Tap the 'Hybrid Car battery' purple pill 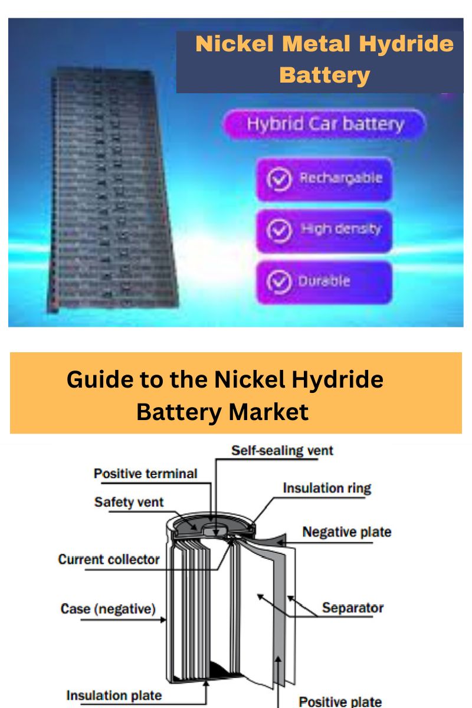tap(324, 125)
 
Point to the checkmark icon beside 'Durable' tap(279, 282)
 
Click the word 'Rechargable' tap(340, 178)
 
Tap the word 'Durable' tap(324, 281)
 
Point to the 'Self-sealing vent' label tap(282, 451)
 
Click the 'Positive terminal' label tap(146, 473)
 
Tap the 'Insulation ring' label tap(327, 488)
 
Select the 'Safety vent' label tap(129, 502)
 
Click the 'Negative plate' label tap(346, 532)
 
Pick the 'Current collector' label tap(109, 559)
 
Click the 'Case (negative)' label tap(108, 608)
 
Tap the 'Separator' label tap(353, 607)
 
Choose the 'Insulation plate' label tap(114, 696)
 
